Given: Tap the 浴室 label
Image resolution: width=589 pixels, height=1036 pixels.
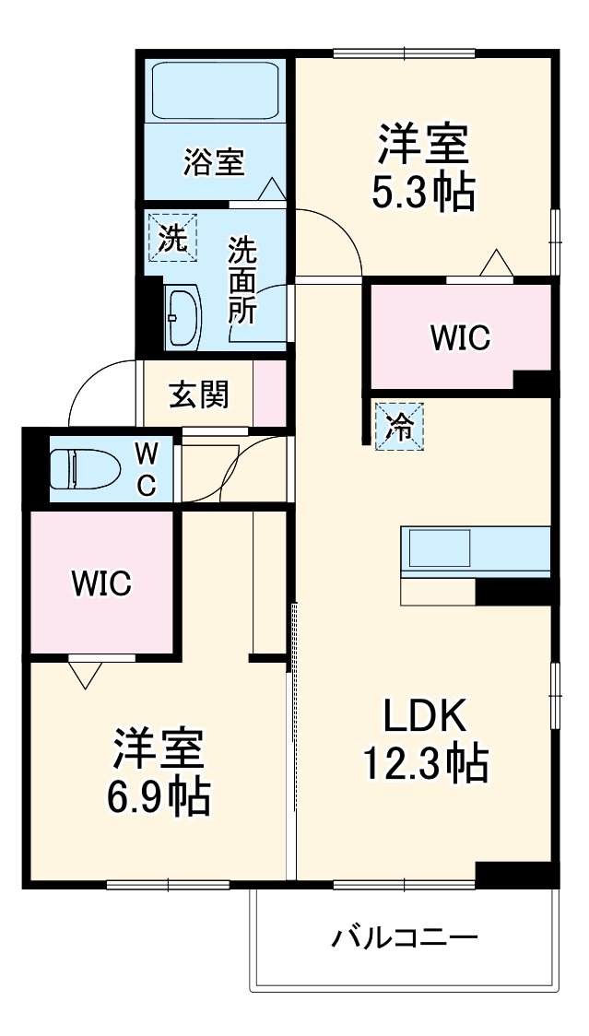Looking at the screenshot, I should point(213,163).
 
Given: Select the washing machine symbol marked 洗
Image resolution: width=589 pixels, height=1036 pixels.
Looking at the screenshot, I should point(172,237).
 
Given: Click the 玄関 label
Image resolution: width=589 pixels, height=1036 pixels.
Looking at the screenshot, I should point(198,395).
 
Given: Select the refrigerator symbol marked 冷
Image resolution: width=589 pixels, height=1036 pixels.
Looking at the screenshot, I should point(399,426).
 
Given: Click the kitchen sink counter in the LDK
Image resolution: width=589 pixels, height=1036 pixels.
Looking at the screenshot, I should point(476,551).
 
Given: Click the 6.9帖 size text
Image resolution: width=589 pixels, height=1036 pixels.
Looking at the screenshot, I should point(159,797).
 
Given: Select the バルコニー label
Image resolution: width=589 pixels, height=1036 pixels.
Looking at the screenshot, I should point(406,939).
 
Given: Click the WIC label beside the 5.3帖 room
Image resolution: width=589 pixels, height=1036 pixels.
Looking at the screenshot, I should point(460,338).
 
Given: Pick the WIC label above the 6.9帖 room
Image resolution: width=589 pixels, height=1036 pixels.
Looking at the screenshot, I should point(102,583).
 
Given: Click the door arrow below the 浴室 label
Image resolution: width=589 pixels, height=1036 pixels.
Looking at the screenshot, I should point(271,188).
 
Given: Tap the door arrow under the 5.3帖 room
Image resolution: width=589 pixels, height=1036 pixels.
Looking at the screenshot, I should point(495,264).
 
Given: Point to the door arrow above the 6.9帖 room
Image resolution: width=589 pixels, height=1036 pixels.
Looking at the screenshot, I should point(86,676).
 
